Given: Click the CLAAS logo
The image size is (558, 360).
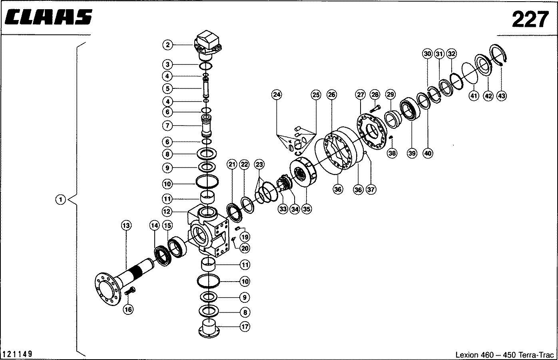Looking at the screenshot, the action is (48, 17).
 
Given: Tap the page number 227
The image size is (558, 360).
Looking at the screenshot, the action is (530, 19).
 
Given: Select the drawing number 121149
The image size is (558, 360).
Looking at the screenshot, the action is (17, 354).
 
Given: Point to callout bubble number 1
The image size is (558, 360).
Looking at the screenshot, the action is (60, 200).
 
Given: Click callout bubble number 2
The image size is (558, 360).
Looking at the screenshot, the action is (167, 45).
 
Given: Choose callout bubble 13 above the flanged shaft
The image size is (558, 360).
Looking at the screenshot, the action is (126, 226).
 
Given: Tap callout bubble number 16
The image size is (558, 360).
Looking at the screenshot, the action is (128, 309).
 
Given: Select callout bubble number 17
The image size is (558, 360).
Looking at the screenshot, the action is (245, 326).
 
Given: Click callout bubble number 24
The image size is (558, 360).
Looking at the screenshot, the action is (277, 95).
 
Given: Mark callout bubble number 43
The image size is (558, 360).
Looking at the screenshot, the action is (502, 96).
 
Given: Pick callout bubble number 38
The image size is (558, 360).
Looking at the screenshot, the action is (392, 153).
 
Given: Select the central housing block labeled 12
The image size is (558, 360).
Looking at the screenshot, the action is (208, 231).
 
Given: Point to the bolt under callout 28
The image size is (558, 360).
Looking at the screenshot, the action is (375, 109).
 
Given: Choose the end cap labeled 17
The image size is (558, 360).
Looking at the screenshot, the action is (209, 328).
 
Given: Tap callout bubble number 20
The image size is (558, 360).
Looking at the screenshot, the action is (245, 248).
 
